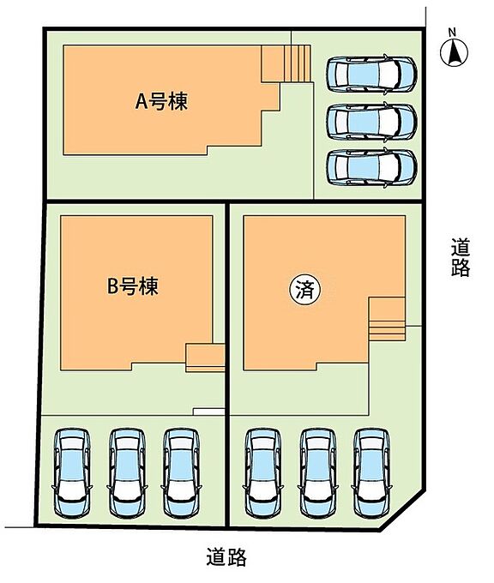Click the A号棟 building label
161,101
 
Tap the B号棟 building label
132,285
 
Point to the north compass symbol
454,53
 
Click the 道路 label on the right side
461,257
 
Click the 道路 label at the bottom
226,556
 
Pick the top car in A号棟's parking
371,73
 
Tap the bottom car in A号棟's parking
371,166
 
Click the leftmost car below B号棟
72,473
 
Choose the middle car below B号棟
127,473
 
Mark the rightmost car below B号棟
181,473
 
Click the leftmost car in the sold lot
262,473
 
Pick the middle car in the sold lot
317,473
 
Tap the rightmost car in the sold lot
371,473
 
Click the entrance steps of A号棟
298,63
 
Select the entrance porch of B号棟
205,358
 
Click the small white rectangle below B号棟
208,412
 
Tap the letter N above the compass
452,33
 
